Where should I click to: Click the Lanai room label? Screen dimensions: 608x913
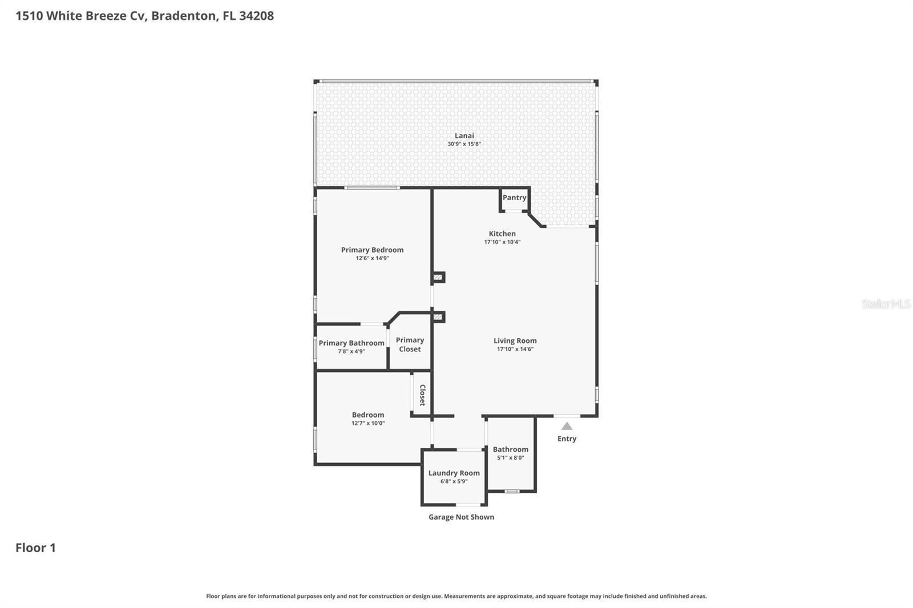[464, 136]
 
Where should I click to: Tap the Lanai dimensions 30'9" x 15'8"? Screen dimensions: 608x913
[464, 144]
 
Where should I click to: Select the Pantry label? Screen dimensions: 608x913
[514, 197]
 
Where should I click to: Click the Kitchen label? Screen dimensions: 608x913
[502, 234]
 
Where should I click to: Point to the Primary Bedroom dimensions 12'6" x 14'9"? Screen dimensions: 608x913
[372, 258]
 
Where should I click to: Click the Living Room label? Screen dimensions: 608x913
[515, 341]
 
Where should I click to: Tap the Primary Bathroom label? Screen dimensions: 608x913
[351, 343]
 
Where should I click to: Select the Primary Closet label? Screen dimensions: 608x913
[410, 344]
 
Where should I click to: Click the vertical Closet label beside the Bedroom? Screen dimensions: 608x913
[422, 395]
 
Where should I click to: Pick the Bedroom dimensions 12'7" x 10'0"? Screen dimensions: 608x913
[368, 423]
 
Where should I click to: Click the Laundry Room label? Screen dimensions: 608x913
[454, 473]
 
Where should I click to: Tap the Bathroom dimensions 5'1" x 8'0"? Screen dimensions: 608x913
[510, 457]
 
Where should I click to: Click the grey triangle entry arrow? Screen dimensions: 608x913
[567, 426]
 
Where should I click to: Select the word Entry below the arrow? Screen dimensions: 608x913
[567, 439]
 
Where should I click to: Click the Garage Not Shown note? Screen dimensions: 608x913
[461, 517]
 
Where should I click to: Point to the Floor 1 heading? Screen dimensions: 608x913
[35, 548]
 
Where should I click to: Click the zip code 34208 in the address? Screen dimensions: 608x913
[256, 15]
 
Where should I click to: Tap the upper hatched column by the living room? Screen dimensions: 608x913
[438, 278]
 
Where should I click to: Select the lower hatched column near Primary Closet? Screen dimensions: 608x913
[438, 317]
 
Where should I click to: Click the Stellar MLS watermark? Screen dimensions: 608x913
[886, 304]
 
